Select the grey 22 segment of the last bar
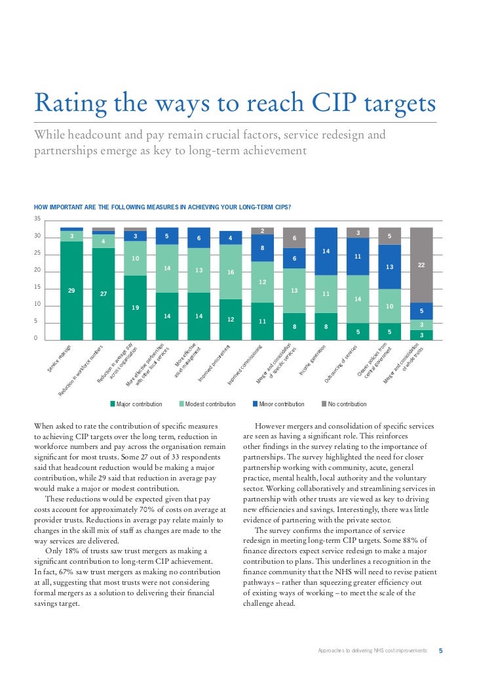coord(421,264)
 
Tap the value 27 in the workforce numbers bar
coord(104,294)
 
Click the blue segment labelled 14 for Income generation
coord(326,251)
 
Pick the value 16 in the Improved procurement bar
coord(231,272)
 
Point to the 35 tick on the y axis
coord(37,219)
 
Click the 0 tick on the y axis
coord(37,339)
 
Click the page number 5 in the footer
coord(440,650)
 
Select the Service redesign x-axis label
coord(59,360)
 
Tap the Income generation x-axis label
coord(313,361)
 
